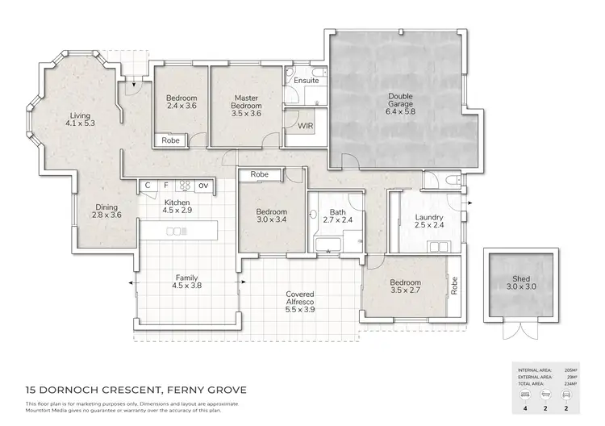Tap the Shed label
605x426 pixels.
520,282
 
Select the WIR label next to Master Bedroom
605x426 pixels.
306,127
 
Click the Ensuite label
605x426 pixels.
306,81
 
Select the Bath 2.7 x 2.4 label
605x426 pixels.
338,215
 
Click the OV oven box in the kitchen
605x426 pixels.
202,186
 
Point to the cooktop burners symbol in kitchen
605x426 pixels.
185,186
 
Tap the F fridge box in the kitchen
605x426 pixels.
166,186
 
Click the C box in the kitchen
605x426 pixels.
148,186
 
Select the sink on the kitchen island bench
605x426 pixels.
174,232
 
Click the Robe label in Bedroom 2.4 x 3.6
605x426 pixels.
171,140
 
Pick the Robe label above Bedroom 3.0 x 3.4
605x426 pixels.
259,174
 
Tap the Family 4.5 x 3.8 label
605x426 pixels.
186,281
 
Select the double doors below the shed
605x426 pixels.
519,332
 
